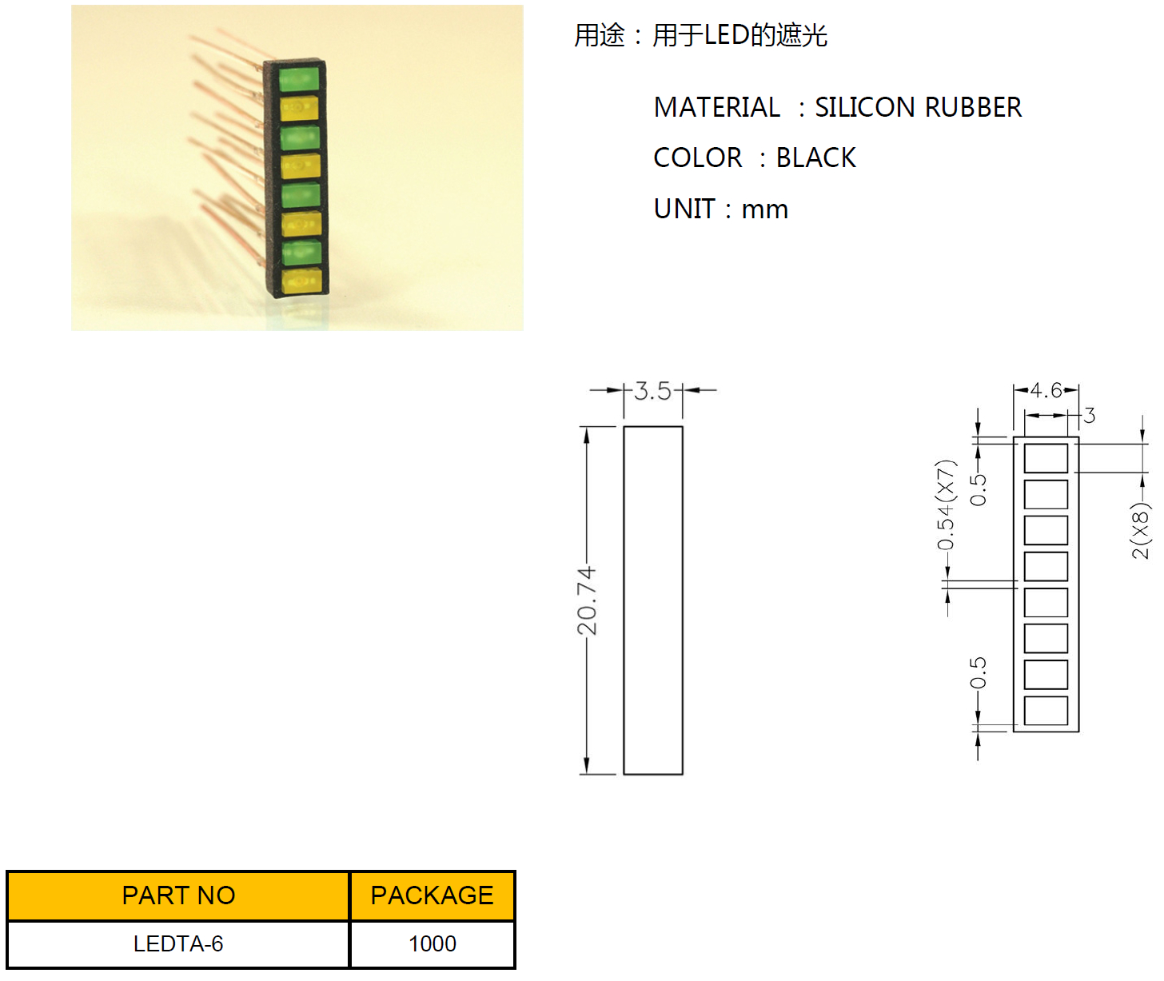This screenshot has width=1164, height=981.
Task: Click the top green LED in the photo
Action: [300, 80]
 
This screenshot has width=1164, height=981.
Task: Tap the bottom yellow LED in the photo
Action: [301, 281]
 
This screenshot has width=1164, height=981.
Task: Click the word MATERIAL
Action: [716, 107]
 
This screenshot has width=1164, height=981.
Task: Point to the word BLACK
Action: [815, 158]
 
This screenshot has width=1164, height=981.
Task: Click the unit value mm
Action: [764, 209]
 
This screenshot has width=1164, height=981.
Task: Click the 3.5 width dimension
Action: [652, 391]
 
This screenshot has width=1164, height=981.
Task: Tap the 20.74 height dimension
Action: [587, 600]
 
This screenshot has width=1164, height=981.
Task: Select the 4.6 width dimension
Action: [1045, 390]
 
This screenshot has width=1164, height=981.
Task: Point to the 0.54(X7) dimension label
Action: [946, 505]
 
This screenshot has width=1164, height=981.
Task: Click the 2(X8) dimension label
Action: [1141, 530]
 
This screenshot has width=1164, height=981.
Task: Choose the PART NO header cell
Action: [178, 895]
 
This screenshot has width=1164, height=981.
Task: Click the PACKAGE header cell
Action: [432, 895]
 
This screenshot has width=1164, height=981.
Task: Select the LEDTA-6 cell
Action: [178, 944]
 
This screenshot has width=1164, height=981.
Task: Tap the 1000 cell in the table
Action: [432, 944]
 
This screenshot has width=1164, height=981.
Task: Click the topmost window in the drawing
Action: [1046, 458]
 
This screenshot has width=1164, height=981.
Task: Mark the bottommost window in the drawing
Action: [1046, 710]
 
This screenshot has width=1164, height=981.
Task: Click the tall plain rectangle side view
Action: [652, 600]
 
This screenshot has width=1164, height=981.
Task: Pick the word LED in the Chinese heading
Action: [727, 35]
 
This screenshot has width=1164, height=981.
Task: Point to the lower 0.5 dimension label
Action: [978, 673]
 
